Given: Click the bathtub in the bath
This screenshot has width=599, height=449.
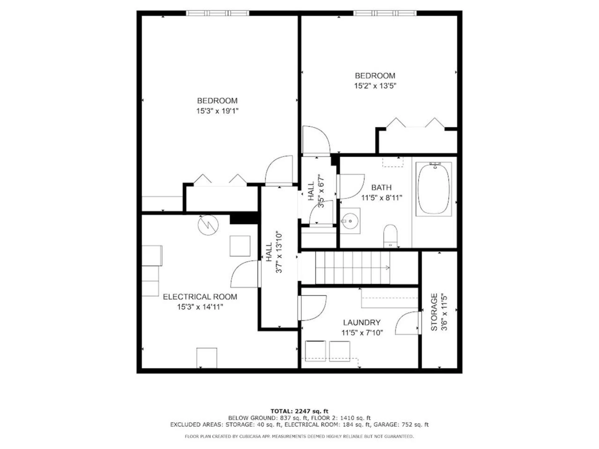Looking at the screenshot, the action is pos(434,189).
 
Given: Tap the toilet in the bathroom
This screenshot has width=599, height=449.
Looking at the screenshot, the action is pos(390,236).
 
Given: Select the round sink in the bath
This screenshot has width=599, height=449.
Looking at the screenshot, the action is pos(350,221).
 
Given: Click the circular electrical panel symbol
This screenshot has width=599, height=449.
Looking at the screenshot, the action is pos(208,225).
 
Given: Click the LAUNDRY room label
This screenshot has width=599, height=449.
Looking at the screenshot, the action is pos(362,322).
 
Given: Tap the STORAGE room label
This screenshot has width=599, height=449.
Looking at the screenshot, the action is pos(434,312).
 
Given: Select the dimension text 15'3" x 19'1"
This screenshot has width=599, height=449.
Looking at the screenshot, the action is pos(217,111).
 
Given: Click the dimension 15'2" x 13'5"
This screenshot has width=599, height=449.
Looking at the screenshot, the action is pos(375,86).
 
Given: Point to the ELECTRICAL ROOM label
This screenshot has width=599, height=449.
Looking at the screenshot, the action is pos(200,297).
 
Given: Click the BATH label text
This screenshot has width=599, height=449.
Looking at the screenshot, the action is pos(381,187).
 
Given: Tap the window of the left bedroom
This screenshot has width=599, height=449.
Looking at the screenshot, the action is pos(217,13).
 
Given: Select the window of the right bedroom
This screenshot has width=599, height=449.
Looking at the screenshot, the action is pos(385,13).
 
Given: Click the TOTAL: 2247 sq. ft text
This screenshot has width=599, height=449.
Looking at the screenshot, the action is pos(299,411).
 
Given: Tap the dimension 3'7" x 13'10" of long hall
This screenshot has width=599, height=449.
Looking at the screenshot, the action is pos(279,252).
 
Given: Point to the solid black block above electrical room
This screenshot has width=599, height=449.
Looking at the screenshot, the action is pos(244,218).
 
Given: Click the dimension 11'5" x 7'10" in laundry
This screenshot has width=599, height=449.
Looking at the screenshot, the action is pos(362,333).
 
